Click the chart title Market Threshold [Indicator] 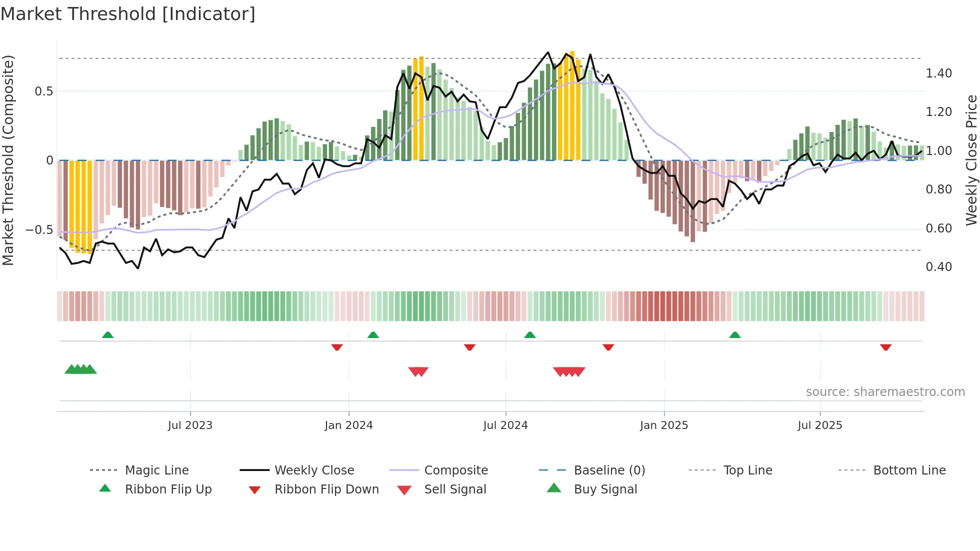pyautogui.click(x=128, y=14)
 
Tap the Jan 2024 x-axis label pyautogui.click(x=348, y=425)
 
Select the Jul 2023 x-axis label pyautogui.click(x=190, y=425)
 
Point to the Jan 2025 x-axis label pyautogui.click(x=664, y=425)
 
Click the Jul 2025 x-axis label pyautogui.click(x=820, y=425)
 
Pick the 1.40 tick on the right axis pyautogui.click(x=938, y=73)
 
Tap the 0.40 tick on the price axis pyautogui.click(x=938, y=267)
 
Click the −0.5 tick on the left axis pyautogui.click(x=39, y=230)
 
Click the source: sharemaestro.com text pyautogui.click(x=885, y=392)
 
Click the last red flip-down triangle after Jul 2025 pyautogui.click(x=885, y=347)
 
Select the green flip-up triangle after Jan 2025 pyautogui.click(x=734, y=335)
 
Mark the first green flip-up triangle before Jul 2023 pyautogui.click(x=107, y=335)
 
